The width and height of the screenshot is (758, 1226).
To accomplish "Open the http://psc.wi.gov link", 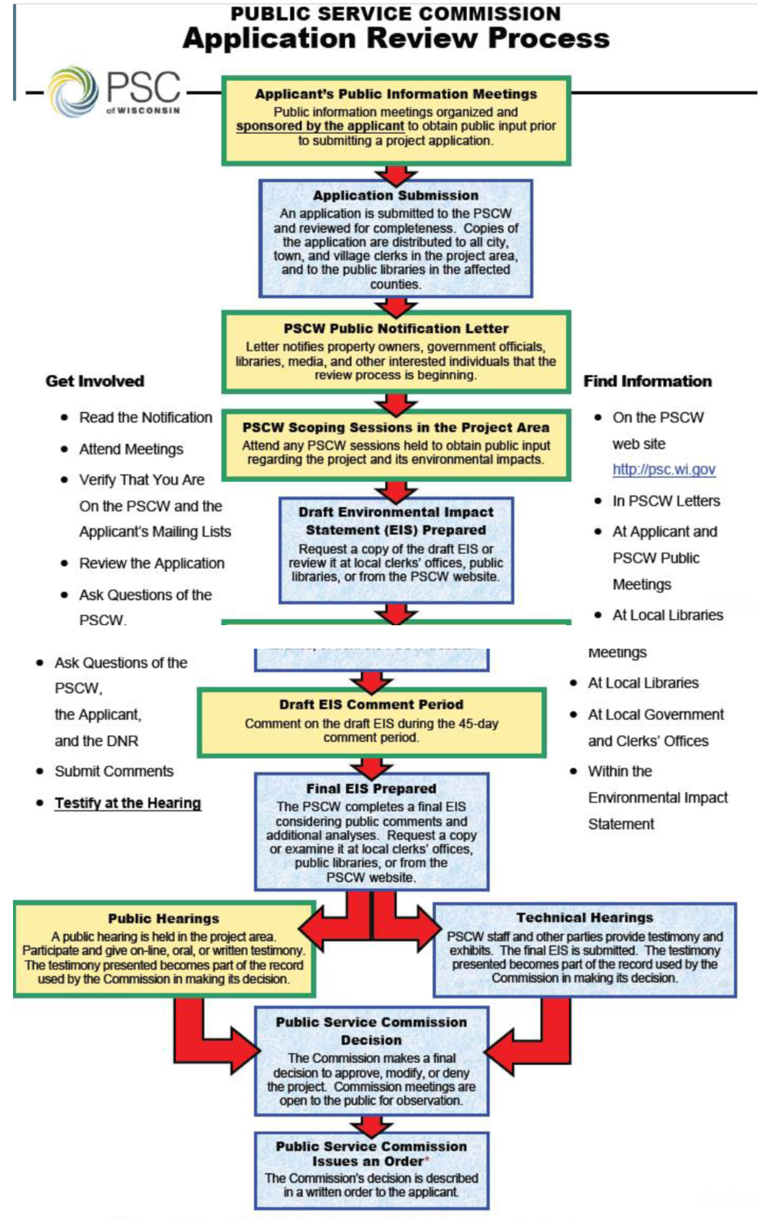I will [x=664, y=470].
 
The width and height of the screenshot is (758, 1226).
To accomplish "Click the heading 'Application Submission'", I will [x=395, y=195].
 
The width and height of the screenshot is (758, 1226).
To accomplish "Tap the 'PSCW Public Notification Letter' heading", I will [x=396, y=329].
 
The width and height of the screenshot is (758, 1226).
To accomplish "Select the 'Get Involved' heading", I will [x=95, y=381].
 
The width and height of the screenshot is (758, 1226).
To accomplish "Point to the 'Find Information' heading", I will [x=647, y=381].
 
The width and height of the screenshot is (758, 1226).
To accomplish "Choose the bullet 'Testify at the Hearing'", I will [x=128, y=803].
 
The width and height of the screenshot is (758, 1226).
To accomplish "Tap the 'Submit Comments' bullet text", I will [x=114, y=771].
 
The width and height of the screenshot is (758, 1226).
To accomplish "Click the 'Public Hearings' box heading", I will [x=164, y=918].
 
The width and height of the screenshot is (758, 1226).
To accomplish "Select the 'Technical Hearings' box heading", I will [x=584, y=917].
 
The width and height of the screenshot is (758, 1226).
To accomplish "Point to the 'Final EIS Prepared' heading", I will [x=371, y=788].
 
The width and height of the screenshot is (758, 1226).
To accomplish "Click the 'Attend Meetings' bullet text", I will [x=131, y=449].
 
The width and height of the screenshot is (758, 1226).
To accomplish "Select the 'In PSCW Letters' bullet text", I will [x=666, y=501].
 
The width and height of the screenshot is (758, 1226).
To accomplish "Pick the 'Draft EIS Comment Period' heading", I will [x=371, y=704].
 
